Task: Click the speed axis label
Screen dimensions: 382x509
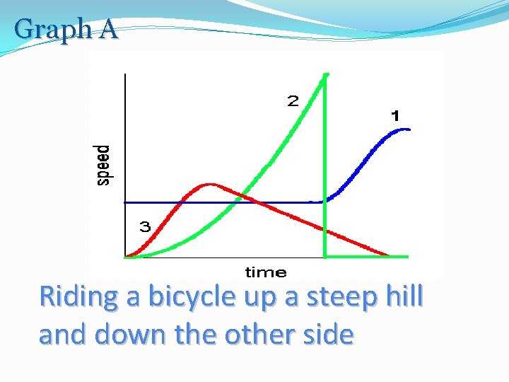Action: pos(103,166)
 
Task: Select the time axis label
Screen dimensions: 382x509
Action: pos(266,272)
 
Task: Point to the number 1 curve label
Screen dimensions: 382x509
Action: pos(395,115)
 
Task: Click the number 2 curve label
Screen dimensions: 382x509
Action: pos(293,101)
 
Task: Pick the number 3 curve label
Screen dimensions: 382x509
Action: pos(144,227)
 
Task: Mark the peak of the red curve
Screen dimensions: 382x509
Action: pos(209,185)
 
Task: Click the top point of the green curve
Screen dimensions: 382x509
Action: pos(326,74)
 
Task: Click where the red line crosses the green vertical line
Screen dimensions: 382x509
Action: pos(324,230)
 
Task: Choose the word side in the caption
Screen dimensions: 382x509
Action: pos(324,334)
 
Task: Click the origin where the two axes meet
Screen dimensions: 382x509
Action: pos(124,257)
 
